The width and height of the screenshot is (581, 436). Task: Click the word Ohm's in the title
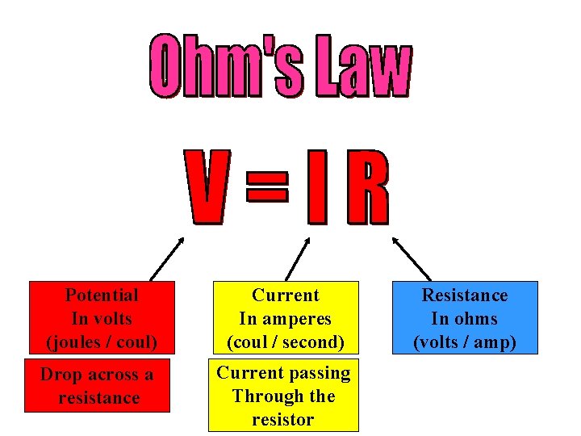(x=228, y=67)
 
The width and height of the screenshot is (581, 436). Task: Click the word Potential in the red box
(x=102, y=296)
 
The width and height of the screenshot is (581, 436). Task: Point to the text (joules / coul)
(x=102, y=342)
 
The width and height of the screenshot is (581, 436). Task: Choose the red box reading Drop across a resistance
(x=99, y=387)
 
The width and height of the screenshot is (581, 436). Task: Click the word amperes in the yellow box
(x=300, y=319)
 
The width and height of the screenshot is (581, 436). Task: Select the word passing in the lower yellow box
(x=324, y=373)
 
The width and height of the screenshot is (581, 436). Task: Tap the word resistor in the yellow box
(x=282, y=420)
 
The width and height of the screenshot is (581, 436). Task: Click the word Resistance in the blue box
(x=465, y=296)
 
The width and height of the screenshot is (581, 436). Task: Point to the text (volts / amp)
(x=465, y=342)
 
